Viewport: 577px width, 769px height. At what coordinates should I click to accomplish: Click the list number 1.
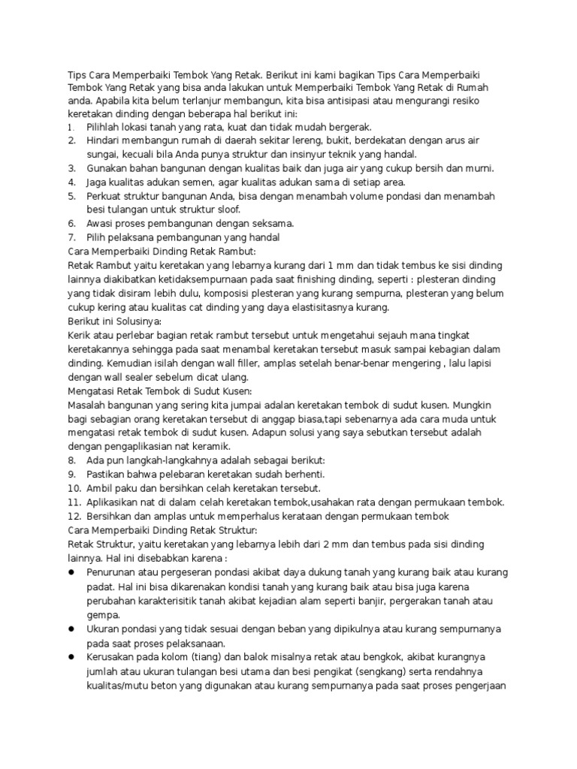pos(70,127)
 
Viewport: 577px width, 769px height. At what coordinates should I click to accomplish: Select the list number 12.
pos(74,516)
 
